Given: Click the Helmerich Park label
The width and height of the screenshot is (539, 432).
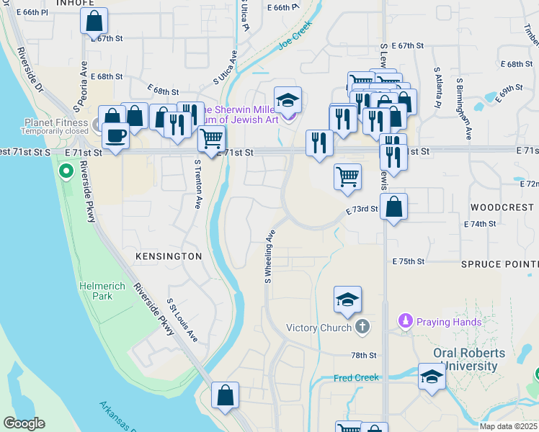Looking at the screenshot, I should coord(96,291).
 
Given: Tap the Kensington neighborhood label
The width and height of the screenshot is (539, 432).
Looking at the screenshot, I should coord(168,256).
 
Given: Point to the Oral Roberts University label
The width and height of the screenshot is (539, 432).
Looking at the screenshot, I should coord(476,360).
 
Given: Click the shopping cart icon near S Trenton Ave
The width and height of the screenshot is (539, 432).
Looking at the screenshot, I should coord(211,138).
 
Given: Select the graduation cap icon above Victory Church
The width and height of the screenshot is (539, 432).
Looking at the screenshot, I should coord(347,300).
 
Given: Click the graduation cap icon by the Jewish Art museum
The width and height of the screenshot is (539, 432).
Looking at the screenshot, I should coord(288,100).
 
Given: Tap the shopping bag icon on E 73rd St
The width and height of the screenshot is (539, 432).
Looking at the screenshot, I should coord(393,207).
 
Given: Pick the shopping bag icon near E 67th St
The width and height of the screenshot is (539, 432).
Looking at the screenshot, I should coord(94,22).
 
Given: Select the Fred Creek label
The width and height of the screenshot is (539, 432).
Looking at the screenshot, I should coord(356,378).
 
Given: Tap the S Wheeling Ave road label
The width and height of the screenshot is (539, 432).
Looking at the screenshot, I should coord(270,256).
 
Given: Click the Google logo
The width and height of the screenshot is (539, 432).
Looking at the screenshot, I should coord(24,423).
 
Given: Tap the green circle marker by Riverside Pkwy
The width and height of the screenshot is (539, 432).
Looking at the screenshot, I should coord(66,171).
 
